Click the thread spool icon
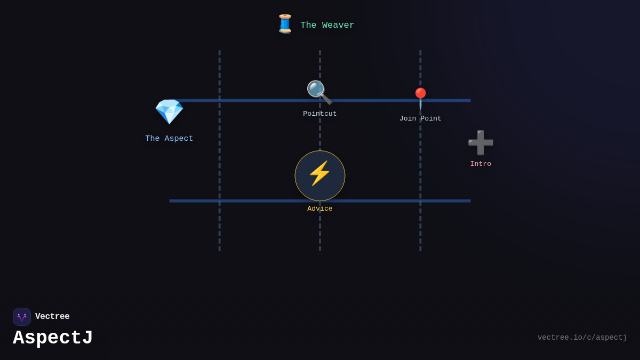coord(285,24)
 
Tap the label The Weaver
coord(327,25)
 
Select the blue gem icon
coord(169,111)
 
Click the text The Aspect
coord(169,139)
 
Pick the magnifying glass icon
coord(319,92)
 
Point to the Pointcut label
coord(319,114)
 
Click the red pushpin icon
coord(420,98)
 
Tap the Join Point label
coord(420,118)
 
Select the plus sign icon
coord(481,142)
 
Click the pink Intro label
coord(481,164)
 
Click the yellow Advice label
coord(319,209)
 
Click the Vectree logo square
coord(22,317)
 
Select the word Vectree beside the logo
coord(52,317)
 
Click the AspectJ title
coord(53,338)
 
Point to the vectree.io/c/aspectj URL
coord(582,338)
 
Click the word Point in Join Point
coord(430,118)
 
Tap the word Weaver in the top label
coord(338,25)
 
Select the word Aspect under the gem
coord(179,139)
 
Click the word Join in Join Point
coord(409,118)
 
